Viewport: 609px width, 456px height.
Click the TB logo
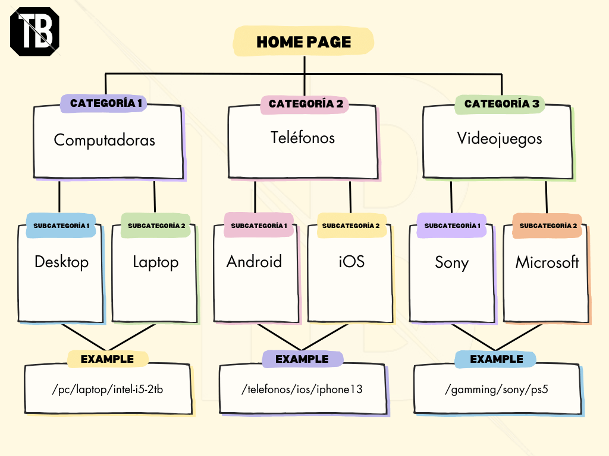pos(34,31)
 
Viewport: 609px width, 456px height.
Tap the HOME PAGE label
pos(303,42)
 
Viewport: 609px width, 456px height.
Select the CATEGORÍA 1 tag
pos(103,103)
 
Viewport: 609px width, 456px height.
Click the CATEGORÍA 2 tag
pos(305,104)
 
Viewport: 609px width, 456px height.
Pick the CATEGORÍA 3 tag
pos(500,104)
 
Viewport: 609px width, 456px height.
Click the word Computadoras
pos(104,140)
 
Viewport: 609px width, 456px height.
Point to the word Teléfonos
pos(303,138)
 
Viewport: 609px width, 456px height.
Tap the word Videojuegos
pos(500,139)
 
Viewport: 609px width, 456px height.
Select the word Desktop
pos(61,262)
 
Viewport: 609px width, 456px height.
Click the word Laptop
pos(156,262)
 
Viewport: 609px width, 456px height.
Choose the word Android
pos(254,262)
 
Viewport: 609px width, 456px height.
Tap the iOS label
pos(351,262)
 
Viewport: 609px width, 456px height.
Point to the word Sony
pos(452,263)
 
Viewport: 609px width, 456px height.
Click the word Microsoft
pos(547,262)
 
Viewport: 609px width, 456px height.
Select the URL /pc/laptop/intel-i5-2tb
pos(108,389)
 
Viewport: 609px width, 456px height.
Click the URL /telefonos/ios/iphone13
pos(302,389)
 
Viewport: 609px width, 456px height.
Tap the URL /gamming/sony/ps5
pos(497,389)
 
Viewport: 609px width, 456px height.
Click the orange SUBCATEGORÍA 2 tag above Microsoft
pos(547,226)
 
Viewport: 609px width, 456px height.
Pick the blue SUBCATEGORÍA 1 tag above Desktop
pos(61,226)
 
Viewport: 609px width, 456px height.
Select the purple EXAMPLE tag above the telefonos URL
pos(302,359)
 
